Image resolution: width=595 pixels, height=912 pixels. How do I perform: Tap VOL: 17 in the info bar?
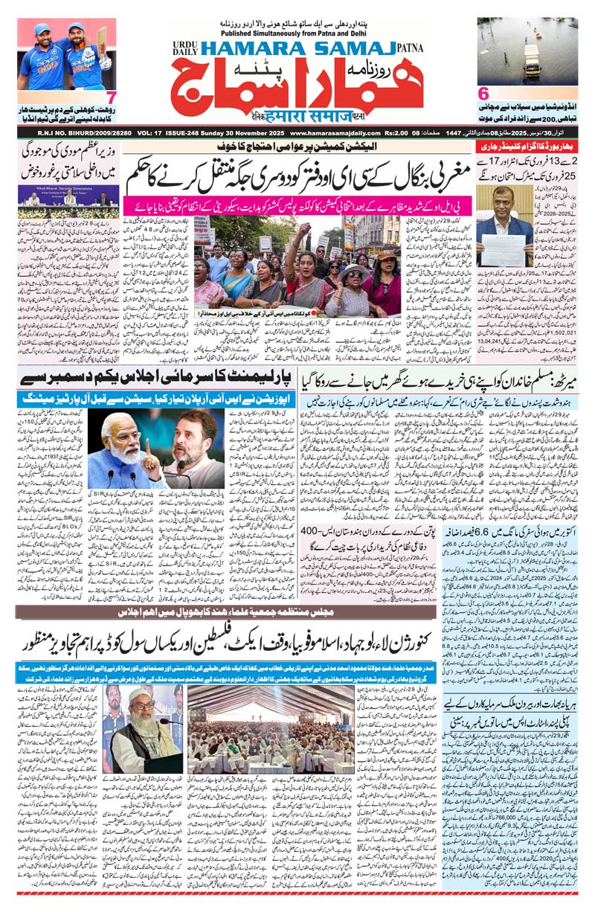click(154, 134)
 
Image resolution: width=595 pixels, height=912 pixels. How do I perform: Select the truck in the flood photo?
click(532, 56)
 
